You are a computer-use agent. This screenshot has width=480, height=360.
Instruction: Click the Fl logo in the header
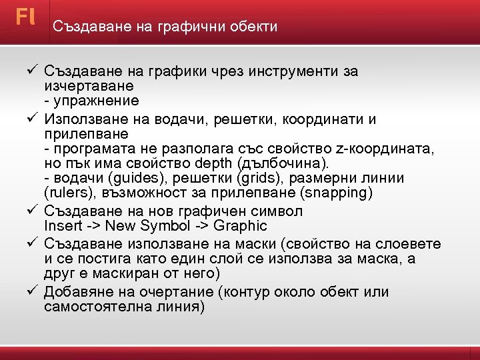click(x=25, y=17)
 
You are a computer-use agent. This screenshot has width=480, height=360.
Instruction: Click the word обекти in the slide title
click(x=253, y=27)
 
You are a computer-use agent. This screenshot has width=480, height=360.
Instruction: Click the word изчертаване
click(x=89, y=87)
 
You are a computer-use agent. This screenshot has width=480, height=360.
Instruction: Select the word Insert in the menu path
click(x=63, y=226)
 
